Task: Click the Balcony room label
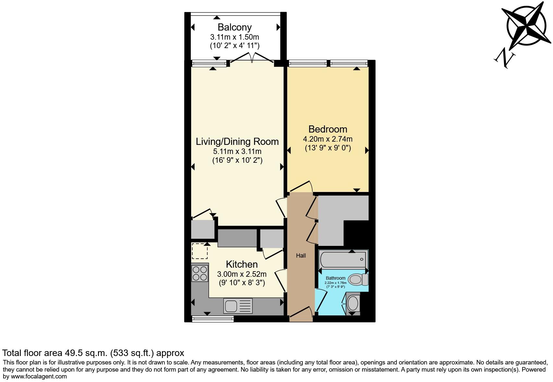tap(234, 27)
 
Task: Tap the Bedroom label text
tap(327, 129)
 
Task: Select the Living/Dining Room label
tap(237, 142)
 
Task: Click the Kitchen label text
tap(241, 264)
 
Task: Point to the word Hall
tap(301, 256)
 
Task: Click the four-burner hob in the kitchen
tap(200, 273)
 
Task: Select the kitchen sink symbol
tap(238, 306)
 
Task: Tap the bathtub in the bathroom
tap(343, 259)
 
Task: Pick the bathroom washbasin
tap(353, 303)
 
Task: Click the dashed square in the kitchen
tap(199, 251)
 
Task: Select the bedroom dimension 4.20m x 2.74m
tap(327, 139)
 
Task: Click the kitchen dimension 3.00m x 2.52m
tap(241, 274)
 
